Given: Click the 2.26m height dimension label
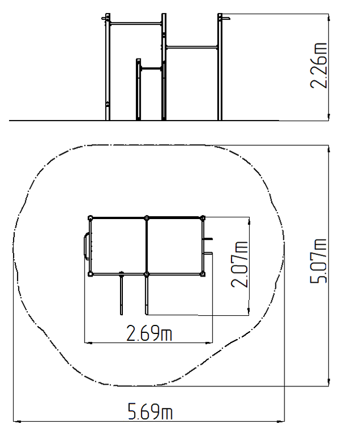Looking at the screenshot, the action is pos(318,66).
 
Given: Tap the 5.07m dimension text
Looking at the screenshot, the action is pos(318,261).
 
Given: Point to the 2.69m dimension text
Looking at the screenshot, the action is pos(150,333).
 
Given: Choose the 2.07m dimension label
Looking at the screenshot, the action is pos(239,264).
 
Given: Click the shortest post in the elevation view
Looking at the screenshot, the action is pos(138,89).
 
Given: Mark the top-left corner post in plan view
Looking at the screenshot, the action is pos(90,218).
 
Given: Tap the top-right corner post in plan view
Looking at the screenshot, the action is pos(203,218).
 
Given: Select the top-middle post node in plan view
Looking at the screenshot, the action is pos(147,218).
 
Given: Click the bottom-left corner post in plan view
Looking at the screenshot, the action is pos(90,274).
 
